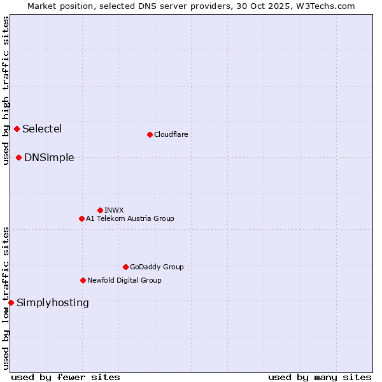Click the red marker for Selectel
click(x=17, y=129)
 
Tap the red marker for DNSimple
click(x=19, y=158)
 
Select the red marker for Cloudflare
click(x=150, y=134)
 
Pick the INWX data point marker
click(x=100, y=210)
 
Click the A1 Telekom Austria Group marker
click(x=81, y=219)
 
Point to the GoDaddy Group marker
click(x=125, y=267)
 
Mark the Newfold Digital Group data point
click(x=83, y=281)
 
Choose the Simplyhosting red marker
click(x=11, y=303)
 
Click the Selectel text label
click(x=42, y=129)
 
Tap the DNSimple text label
click(x=49, y=158)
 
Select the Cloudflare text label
click(x=171, y=134)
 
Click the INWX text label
click(x=114, y=210)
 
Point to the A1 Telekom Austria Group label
click(x=130, y=219)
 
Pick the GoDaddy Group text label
click(x=157, y=267)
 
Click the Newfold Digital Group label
click(x=124, y=281)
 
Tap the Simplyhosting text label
click(x=53, y=303)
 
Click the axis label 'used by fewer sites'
click(x=66, y=377)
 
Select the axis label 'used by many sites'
click(x=320, y=377)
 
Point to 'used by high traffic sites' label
click(x=6, y=90)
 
